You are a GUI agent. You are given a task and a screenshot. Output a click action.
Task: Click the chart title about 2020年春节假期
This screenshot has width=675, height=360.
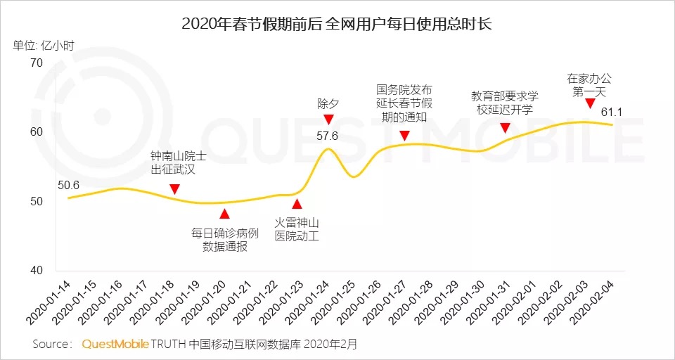tap(337, 22)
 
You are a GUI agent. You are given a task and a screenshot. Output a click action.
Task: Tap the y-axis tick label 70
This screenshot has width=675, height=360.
tap(36, 63)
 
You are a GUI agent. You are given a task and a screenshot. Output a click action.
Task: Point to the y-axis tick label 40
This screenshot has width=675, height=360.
tap(36, 271)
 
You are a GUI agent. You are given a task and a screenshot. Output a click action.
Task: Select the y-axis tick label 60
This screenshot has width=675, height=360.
tap(36, 132)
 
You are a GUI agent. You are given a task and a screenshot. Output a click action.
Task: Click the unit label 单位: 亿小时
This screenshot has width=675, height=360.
tap(44, 46)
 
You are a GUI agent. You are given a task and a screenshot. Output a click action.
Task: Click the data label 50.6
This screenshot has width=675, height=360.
tap(69, 186)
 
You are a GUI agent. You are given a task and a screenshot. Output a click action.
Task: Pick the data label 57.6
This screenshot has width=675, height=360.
tap(328, 135)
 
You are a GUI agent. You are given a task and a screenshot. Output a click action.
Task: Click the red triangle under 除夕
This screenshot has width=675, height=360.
tap(328, 120)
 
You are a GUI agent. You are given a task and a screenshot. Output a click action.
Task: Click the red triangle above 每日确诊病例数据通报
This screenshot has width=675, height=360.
tap(224, 214)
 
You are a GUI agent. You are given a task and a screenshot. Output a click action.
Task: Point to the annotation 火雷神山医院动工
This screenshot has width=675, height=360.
tap(297, 230)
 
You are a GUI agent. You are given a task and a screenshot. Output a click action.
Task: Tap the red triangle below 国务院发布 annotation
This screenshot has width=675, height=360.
tap(404, 135)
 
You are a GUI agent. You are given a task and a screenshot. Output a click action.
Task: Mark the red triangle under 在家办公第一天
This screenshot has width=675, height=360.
tap(590, 103)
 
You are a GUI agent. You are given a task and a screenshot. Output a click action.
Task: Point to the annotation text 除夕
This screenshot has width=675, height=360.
tap(328, 103)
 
